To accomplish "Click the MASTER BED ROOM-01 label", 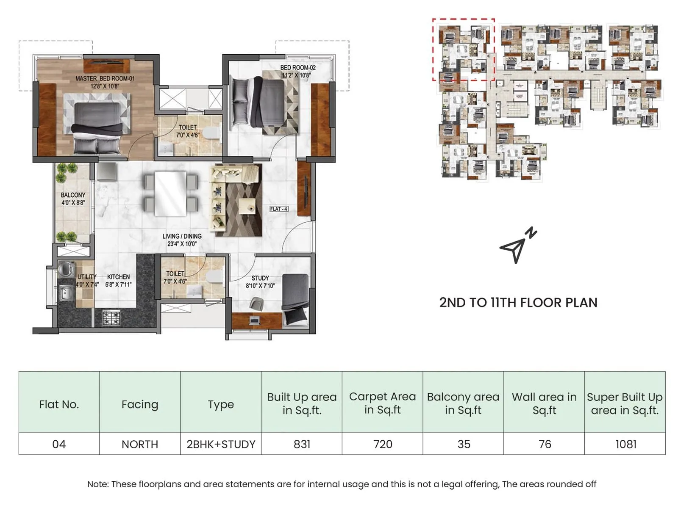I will [x=105, y=79].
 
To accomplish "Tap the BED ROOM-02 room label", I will [x=297, y=68].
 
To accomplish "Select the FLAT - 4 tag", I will [x=279, y=209].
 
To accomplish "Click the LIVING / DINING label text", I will [x=182, y=236].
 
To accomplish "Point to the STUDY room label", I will [x=260, y=278].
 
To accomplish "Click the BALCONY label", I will [x=73, y=195].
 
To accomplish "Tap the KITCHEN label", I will [x=118, y=277].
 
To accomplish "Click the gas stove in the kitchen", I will [x=111, y=317].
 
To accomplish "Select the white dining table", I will [x=170, y=193].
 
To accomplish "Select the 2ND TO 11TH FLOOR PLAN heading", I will [x=518, y=303].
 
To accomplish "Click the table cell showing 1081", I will [x=625, y=444].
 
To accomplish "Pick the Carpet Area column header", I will [x=382, y=403].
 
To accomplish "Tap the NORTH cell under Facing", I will [x=140, y=444].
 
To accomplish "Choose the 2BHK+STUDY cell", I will [x=221, y=444].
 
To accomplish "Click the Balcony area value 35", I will [x=464, y=444].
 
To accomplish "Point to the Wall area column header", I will [x=544, y=403].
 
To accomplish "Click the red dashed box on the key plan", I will [x=463, y=19].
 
